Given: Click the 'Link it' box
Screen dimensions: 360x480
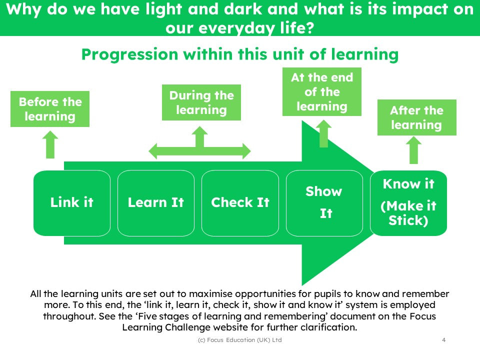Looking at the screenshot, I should tap(71, 202).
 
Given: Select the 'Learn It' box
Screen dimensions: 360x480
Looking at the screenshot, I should tap(155, 202).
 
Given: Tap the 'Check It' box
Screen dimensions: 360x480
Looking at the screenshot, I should tap(240, 202).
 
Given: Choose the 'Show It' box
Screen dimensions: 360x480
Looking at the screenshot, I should tap(324, 202).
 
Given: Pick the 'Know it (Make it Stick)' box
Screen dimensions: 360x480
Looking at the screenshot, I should tap(408, 202).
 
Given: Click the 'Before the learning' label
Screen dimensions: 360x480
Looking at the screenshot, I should tap(50, 109).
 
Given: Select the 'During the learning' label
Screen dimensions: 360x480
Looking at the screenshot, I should tap(201, 102).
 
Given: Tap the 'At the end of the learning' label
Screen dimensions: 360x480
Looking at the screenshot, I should tap(322, 92).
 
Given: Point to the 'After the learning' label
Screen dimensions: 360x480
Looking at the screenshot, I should tap(416, 117).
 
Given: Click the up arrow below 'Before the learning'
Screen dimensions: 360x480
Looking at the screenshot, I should tap(50, 145).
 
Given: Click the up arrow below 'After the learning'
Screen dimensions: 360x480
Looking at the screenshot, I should tap(413, 150).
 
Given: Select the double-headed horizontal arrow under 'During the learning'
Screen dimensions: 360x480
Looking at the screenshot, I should tap(200, 151).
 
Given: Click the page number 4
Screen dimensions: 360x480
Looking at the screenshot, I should tap(444, 340).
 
